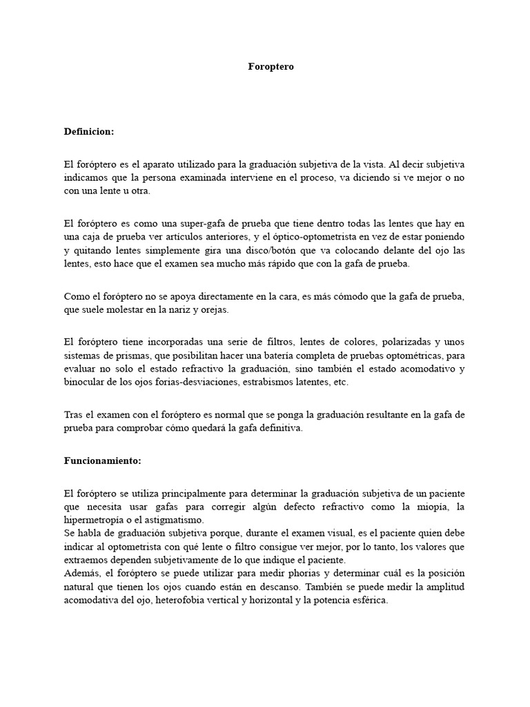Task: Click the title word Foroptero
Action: click(271, 67)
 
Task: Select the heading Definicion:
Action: click(89, 130)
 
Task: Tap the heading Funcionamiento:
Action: click(101, 460)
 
